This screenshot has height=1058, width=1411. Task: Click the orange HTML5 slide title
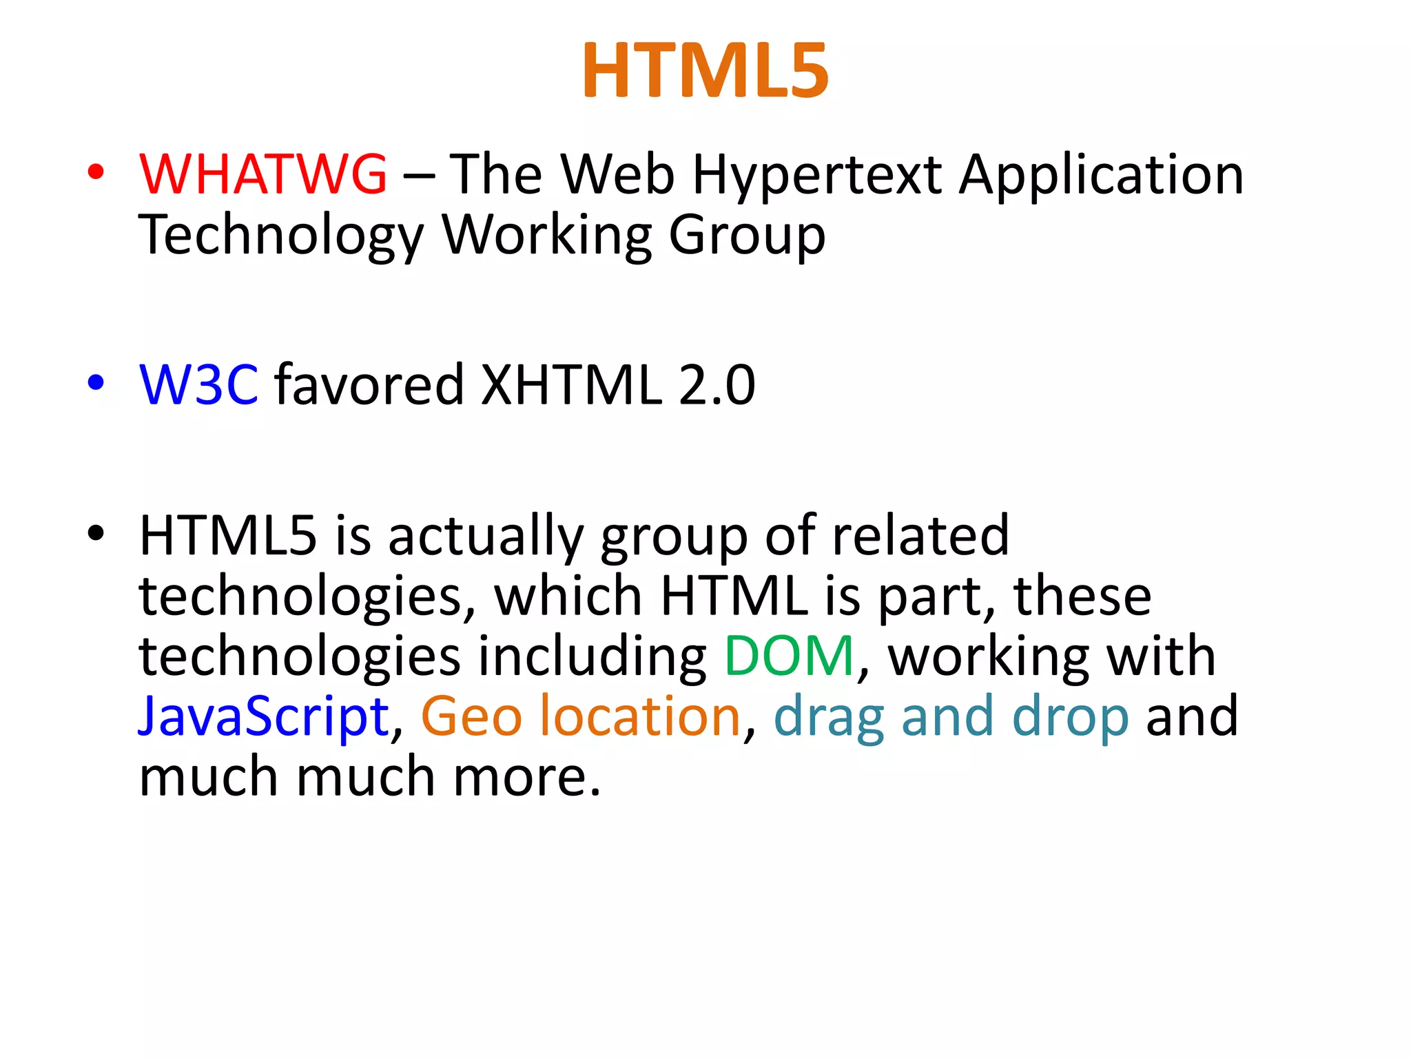click(705, 71)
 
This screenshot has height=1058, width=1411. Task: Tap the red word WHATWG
click(262, 174)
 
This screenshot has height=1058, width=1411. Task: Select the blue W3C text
click(198, 384)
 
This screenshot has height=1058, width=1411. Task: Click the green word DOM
click(789, 656)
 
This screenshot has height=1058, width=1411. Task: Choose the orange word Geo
click(471, 717)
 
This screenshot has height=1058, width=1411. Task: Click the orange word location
click(639, 716)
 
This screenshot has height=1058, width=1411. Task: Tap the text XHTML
click(570, 384)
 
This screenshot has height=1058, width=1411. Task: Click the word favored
click(369, 384)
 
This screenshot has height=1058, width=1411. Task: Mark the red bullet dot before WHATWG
click(96, 172)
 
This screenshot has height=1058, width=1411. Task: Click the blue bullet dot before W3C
click(96, 382)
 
